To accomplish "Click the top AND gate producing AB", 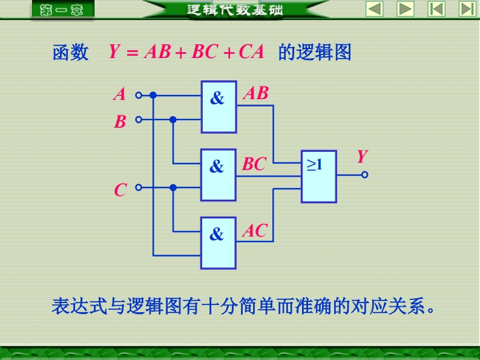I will click(219, 106).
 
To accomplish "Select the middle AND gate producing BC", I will click(219, 174).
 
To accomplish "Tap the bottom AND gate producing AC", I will click(219, 243).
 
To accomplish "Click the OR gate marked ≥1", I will click(318, 175).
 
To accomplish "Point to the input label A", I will click(120, 95).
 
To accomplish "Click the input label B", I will click(120, 122).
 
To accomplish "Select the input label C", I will click(120, 191).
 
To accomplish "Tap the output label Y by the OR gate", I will click(361, 157).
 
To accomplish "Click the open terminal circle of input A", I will click(138, 95).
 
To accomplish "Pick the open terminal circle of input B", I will click(138, 120).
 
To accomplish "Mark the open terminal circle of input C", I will click(138, 188).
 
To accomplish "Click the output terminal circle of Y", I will click(364, 175).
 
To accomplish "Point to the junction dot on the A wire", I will click(153, 95).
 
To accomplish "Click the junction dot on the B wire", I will click(173, 120).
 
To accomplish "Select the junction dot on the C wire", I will click(173, 188).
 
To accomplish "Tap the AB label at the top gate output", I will click(255, 93).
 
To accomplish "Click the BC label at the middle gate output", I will click(254, 164).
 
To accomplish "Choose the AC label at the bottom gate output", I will click(255, 231).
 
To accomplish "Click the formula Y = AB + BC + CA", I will click(186, 52).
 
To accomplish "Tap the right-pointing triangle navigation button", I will click(405, 9).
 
